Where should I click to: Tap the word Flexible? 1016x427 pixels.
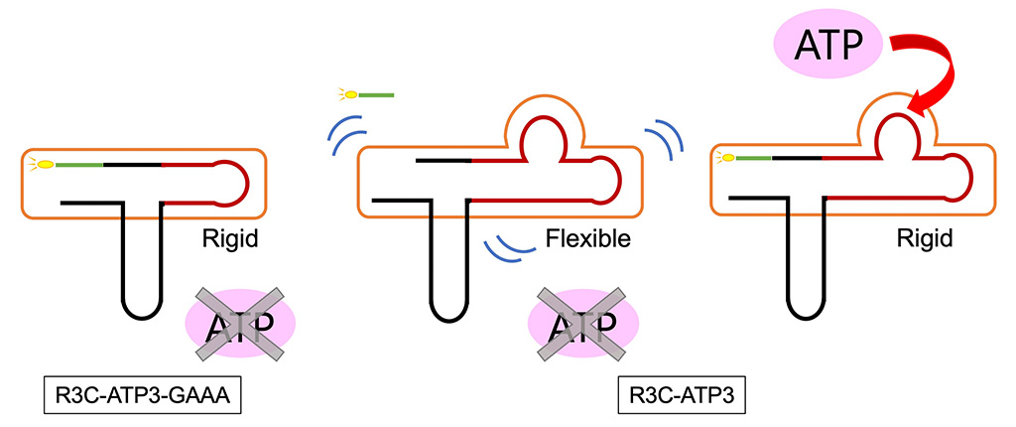click(x=587, y=239)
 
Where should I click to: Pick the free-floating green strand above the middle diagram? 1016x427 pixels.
click(x=375, y=95)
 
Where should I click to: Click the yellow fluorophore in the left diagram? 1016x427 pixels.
click(x=43, y=163)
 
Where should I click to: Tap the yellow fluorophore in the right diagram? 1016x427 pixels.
click(x=727, y=158)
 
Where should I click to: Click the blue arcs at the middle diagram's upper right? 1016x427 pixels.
click(x=663, y=140)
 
